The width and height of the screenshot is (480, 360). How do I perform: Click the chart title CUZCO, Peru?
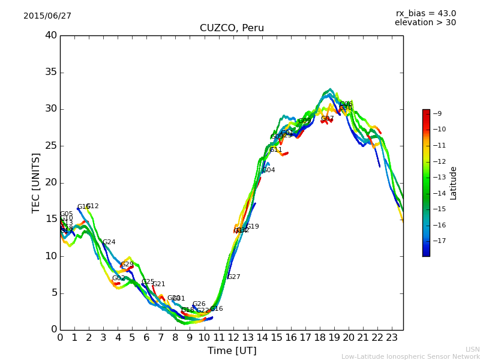232,28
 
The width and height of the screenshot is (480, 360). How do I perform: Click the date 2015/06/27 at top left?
47,16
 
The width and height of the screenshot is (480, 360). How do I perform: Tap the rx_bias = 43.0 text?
425,13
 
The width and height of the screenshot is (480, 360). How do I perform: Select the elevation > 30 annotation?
425,23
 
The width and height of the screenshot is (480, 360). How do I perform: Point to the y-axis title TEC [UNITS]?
36,182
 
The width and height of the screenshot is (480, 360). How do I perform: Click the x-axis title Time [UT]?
232,350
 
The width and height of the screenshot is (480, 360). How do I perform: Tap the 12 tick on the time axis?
233,338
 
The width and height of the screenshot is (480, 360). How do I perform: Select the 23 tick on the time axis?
391,338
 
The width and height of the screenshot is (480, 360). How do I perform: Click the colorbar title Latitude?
454,183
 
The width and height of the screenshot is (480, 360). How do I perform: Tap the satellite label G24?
109,242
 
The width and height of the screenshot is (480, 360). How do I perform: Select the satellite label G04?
268,170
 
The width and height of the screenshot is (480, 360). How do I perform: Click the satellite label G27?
233,277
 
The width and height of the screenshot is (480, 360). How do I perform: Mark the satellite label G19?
253,227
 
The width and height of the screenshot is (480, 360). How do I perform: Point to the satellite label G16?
216,309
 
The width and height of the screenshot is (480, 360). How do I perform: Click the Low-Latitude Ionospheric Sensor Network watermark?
410,356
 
